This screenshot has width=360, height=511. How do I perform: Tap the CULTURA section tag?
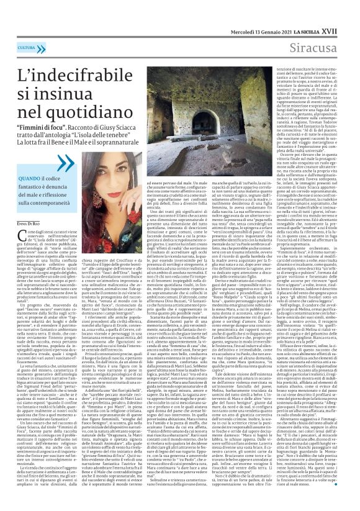coord(26,48)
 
